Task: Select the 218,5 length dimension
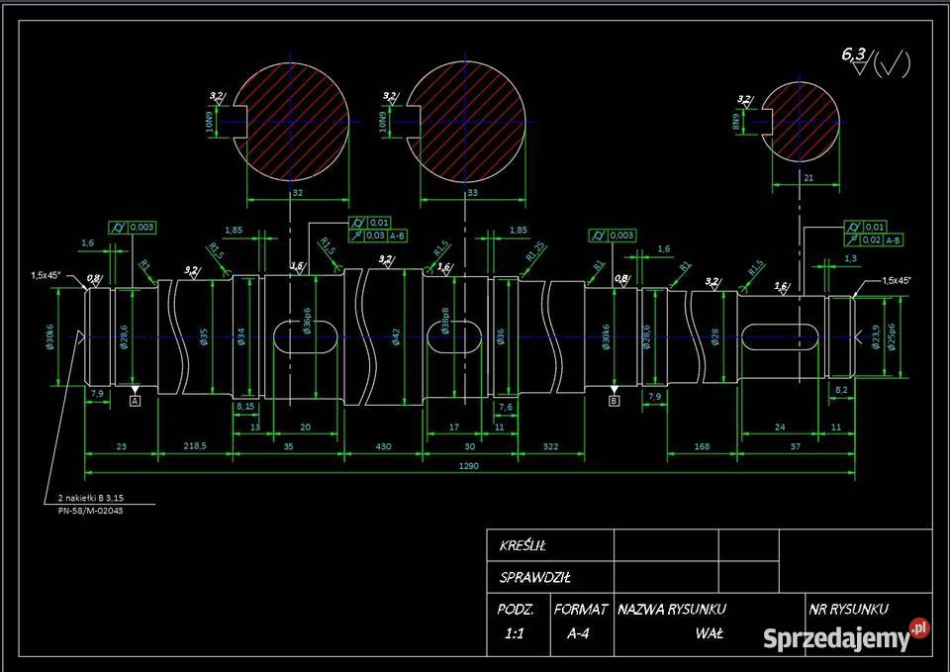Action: (x=195, y=446)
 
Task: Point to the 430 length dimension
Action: (x=384, y=446)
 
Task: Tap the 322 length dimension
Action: (x=551, y=446)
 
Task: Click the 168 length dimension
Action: (x=702, y=446)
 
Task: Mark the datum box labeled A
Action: (x=136, y=401)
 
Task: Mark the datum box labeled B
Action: (x=614, y=401)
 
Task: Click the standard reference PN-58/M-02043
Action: (x=90, y=511)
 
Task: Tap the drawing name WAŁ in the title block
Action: (x=709, y=633)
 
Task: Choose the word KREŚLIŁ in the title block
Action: (x=523, y=545)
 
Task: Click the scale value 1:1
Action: (x=515, y=634)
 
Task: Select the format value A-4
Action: (x=578, y=634)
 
